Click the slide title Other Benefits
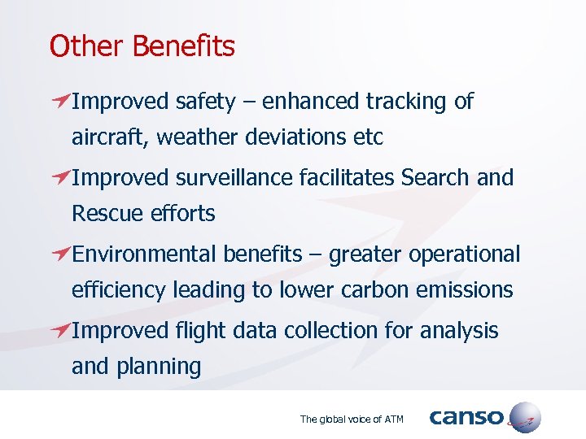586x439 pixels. pyautogui.click(x=142, y=46)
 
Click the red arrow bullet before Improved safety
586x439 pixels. pyautogui.click(x=59, y=102)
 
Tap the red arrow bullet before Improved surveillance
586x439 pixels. pyautogui.click(x=59, y=178)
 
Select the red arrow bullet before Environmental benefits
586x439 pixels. pyautogui.click(x=59, y=254)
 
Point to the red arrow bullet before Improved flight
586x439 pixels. pyautogui.click(x=59, y=331)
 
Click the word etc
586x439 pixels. pyautogui.click(x=366, y=137)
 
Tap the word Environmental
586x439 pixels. pyautogui.click(x=145, y=254)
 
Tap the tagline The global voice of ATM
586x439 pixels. pyautogui.click(x=352, y=419)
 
